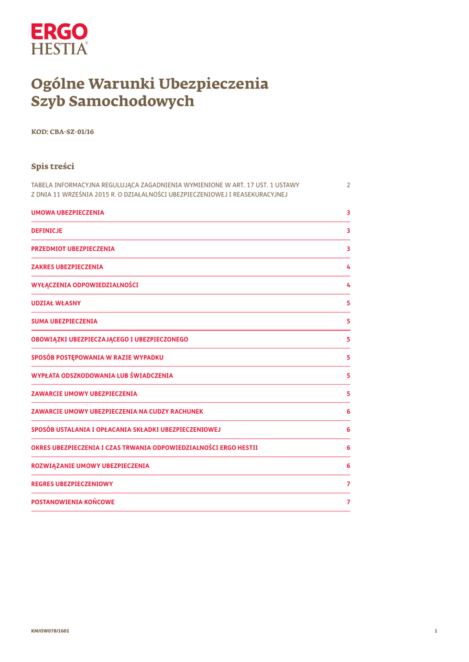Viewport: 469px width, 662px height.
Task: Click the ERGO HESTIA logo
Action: (59, 39)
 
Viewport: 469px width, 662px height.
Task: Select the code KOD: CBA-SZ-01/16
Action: (63, 132)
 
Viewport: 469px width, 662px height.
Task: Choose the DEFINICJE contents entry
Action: (47, 231)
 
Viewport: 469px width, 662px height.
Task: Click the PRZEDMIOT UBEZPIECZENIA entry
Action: (73, 249)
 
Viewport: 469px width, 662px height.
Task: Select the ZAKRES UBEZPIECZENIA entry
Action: (67, 267)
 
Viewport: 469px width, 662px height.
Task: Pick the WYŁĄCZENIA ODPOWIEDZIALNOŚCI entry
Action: (85, 285)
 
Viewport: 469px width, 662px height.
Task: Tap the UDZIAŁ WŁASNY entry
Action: (56, 303)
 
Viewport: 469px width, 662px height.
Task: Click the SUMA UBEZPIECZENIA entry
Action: (65, 321)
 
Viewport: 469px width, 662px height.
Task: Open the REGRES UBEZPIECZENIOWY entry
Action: (72, 484)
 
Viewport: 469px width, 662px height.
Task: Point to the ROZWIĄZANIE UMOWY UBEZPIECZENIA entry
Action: (91, 466)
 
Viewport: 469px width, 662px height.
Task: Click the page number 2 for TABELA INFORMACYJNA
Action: (348, 185)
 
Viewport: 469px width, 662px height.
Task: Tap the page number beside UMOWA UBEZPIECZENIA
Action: (348, 213)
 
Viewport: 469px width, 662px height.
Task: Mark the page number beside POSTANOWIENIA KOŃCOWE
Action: (348, 502)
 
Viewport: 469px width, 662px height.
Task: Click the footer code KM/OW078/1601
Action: (50, 631)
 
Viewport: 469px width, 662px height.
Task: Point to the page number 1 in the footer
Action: (436, 631)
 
